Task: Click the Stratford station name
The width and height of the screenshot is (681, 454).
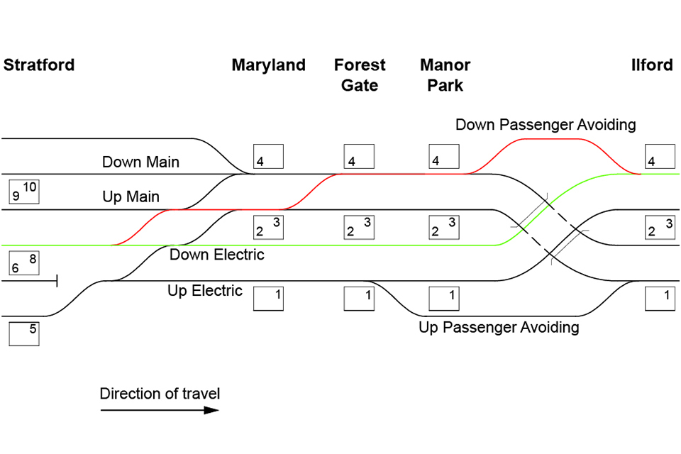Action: tap(39, 65)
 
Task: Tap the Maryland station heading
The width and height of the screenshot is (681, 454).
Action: tap(268, 65)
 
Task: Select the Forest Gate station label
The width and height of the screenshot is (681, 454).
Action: tap(360, 75)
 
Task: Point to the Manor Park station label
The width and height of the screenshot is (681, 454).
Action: tap(445, 75)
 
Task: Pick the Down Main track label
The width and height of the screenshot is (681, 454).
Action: tap(140, 162)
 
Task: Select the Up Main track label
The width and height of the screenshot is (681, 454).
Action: tap(131, 196)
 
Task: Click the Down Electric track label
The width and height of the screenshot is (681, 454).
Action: tap(216, 255)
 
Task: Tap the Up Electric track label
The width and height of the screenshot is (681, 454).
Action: tap(205, 291)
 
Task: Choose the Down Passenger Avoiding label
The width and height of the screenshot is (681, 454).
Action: tap(546, 125)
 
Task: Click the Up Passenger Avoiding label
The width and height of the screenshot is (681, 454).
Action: tap(499, 327)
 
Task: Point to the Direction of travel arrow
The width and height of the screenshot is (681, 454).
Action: tap(160, 409)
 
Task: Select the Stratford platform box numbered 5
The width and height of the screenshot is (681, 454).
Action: tap(24, 333)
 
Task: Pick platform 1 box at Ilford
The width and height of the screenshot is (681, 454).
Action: tap(660, 298)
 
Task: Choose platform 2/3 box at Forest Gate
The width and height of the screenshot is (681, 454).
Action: tap(359, 228)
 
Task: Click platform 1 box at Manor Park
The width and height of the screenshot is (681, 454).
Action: tap(444, 298)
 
